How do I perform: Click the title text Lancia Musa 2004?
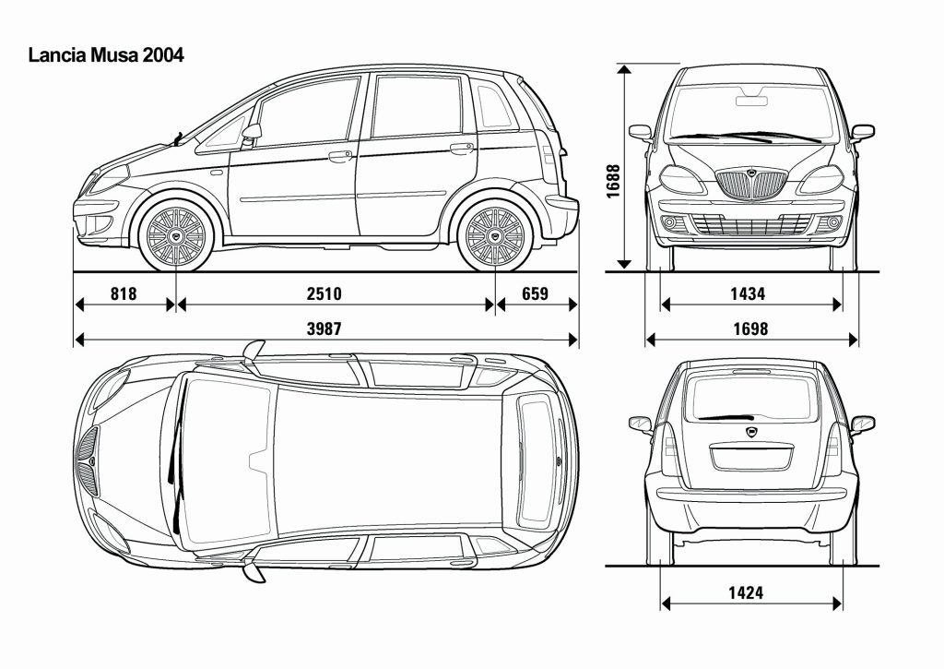pyautogui.click(x=106, y=55)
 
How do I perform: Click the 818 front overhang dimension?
pyautogui.click(x=124, y=293)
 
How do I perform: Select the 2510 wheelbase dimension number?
pyautogui.click(x=324, y=293)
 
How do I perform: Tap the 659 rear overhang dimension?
pyautogui.click(x=536, y=293)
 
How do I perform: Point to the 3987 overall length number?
pyautogui.click(x=324, y=329)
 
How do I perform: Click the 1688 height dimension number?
pyautogui.click(x=613, y=182)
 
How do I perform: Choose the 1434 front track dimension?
pyautogui.click(x=748, y=293)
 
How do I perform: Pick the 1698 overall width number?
pyautogui.click(x=750, y=329)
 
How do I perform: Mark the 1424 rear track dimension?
pyautogui.click(x=746, y=593)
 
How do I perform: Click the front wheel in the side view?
pyautogui.click(x=176, y=236)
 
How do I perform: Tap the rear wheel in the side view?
pyautogui.click(x=495, y=236)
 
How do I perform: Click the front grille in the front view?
pyautogui.click(x=751, y=185)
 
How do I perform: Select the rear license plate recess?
pyautogui.click(x=751, y=456)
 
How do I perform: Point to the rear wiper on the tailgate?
pyautogui.click(x=726, y=417)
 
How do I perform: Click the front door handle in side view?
pyautogui.click(x=340, y=156)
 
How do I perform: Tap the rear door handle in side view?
pyautogui.click(x=462, y=148)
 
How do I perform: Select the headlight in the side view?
pyautogui.click(x=109, y=180)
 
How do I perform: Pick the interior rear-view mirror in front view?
pyautogui.click(x=752, y=101)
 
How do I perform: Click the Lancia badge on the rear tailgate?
pyautogui.click(x=752, y=432)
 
